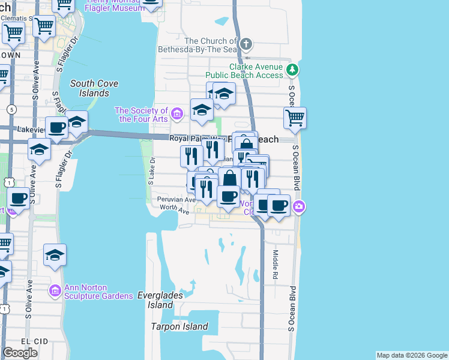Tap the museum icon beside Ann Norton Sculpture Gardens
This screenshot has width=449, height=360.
[x=55, y=291]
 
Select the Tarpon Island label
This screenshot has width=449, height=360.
[x=180, y=327]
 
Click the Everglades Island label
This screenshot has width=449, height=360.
[x=158, y=300]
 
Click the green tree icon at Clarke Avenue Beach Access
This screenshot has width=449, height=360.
[x=292, y=70]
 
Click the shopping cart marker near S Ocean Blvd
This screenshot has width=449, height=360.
[x=295, y=118]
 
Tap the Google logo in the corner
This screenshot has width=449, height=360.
[x=20, y=353]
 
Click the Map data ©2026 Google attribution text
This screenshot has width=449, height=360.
[x=412, y=355]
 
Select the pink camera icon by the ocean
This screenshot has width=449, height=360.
[x=299, y=208]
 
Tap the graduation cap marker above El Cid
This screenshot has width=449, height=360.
[x=55, y=255]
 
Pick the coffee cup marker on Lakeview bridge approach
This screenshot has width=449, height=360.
[x=57, y=128]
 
